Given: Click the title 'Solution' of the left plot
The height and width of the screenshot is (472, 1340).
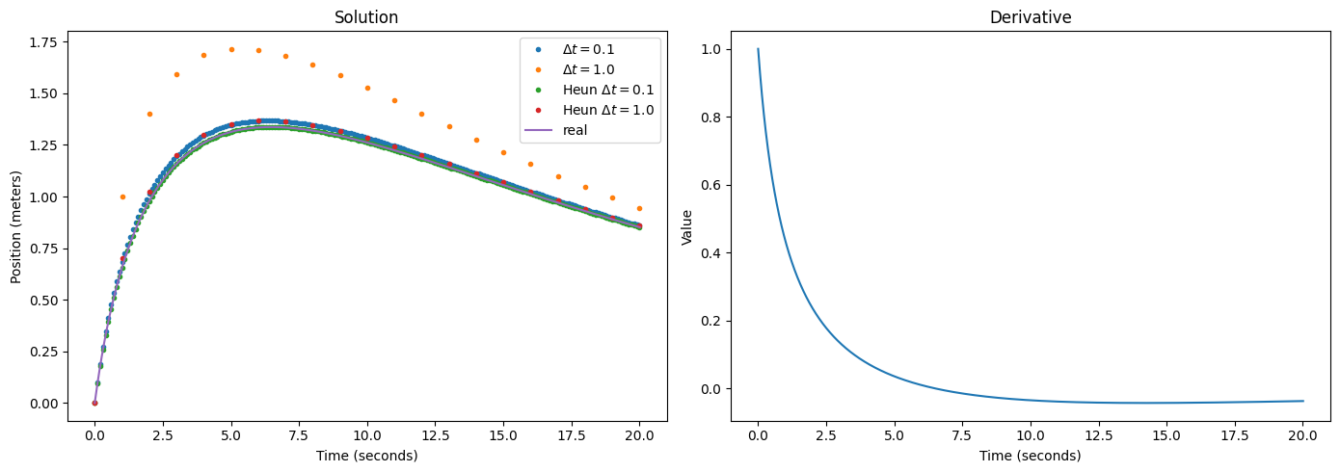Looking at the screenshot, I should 365,17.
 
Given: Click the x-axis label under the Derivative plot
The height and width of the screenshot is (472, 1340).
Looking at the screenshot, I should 1031,455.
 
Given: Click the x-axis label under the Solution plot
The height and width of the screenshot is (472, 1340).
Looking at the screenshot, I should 366,455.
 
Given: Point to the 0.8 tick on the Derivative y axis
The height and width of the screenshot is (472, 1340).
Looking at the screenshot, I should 718,117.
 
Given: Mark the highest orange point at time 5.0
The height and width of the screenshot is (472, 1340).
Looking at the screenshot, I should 231,49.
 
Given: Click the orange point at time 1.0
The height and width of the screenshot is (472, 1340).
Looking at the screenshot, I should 122,197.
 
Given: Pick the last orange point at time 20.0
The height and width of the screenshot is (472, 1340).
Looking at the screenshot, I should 639,208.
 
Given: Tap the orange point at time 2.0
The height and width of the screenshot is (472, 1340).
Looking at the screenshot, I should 149,114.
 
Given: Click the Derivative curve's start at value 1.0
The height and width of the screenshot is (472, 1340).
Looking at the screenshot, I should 758,49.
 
